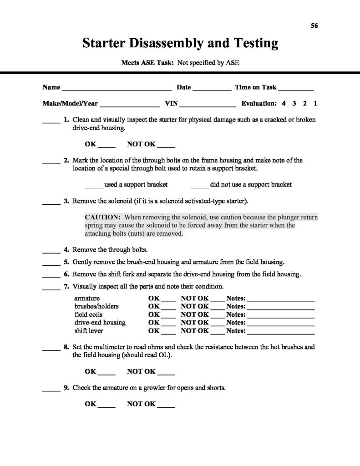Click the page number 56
tap(314, 25)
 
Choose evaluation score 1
tap(315, 103)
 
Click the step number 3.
tap(66, 201)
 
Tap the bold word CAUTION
tap(102, 217)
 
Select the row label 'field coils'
tap(89, 314)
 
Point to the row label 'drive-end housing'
tap(100, 323)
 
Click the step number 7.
tap(66, 287)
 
